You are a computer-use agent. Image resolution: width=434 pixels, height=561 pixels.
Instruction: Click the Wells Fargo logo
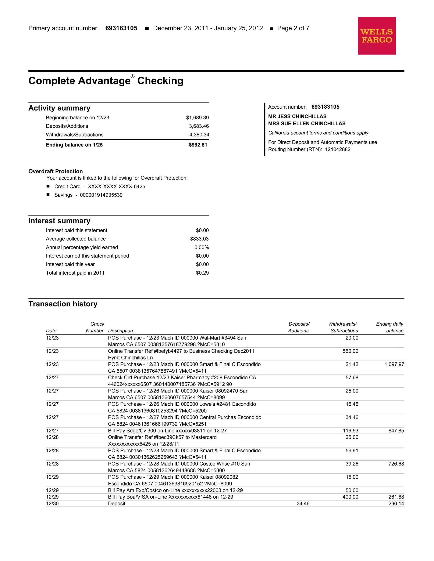376,36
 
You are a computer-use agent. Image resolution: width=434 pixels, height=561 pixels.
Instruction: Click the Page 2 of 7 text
293,28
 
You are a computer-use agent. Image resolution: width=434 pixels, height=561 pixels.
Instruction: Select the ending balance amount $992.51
198,145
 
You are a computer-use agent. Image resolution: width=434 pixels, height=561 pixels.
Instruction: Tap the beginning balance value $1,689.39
197,118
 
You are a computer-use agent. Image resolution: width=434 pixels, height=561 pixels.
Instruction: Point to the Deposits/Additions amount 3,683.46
199,126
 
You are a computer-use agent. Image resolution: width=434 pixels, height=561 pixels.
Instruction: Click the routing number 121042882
337,149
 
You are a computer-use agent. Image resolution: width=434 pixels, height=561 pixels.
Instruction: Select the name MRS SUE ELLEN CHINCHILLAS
306,124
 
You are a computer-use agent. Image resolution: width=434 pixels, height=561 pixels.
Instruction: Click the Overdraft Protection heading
56,171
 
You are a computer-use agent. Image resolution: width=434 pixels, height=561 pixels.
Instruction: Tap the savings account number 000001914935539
101,195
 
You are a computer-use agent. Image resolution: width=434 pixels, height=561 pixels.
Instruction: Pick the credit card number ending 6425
117,187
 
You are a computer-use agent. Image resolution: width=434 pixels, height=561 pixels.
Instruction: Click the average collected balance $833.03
199,239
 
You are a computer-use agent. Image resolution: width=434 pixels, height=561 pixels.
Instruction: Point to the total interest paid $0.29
202,273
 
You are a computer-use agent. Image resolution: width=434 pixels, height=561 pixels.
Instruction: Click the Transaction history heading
63,304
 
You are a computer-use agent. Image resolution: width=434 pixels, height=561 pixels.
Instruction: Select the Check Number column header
95,327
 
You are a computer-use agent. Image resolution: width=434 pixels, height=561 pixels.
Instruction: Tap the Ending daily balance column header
390,327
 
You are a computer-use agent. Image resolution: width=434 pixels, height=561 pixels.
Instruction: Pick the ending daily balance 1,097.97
394,365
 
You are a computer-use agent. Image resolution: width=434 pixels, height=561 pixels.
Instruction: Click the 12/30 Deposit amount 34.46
303,504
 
